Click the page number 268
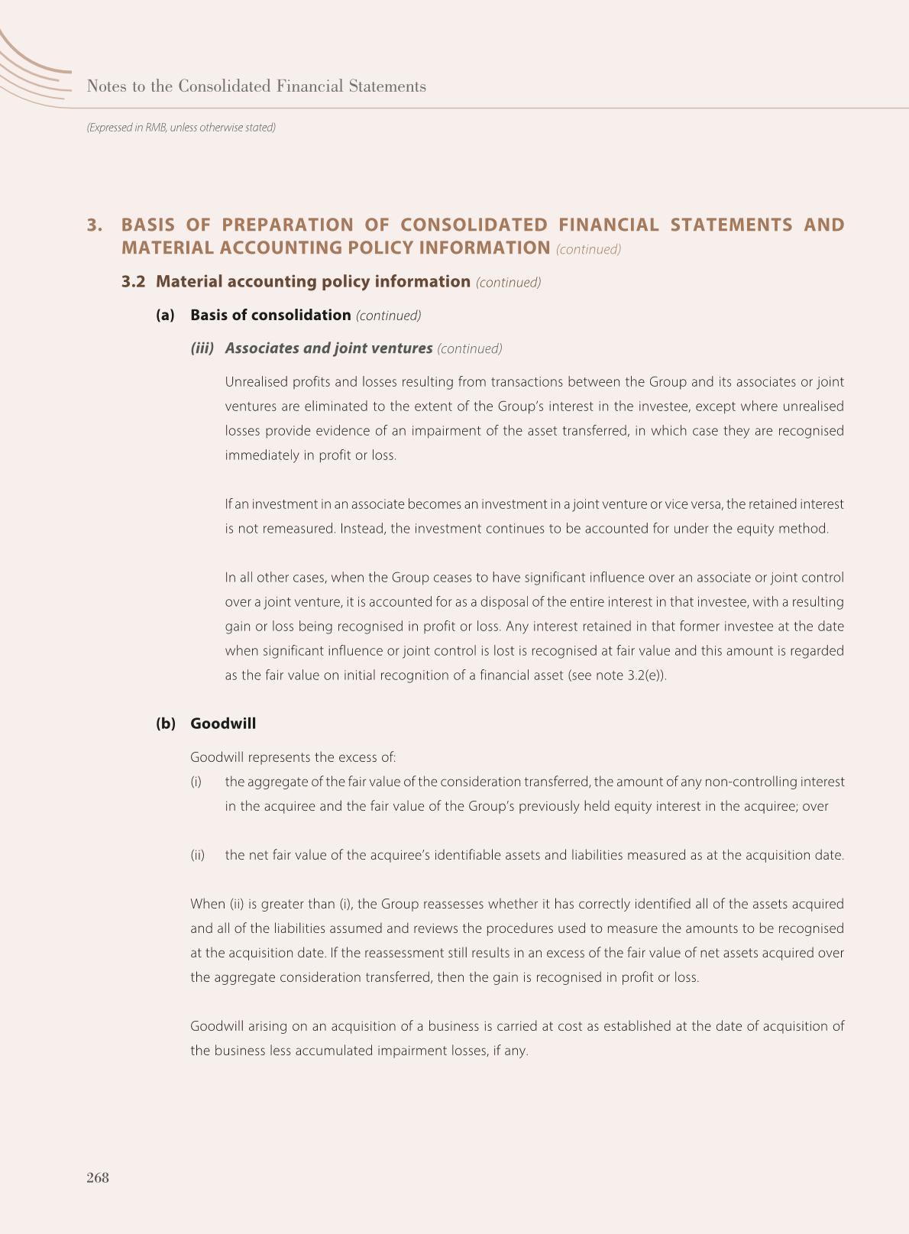click(x=98, y=1177)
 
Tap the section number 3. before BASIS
click(x=95, y=225)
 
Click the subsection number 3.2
click(x=133, y=282)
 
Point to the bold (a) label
click(x=165, y=316)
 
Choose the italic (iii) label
click(x=202, y=348)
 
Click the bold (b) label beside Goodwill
click(x=165, y=724)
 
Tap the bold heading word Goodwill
click(x=223, y=724)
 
